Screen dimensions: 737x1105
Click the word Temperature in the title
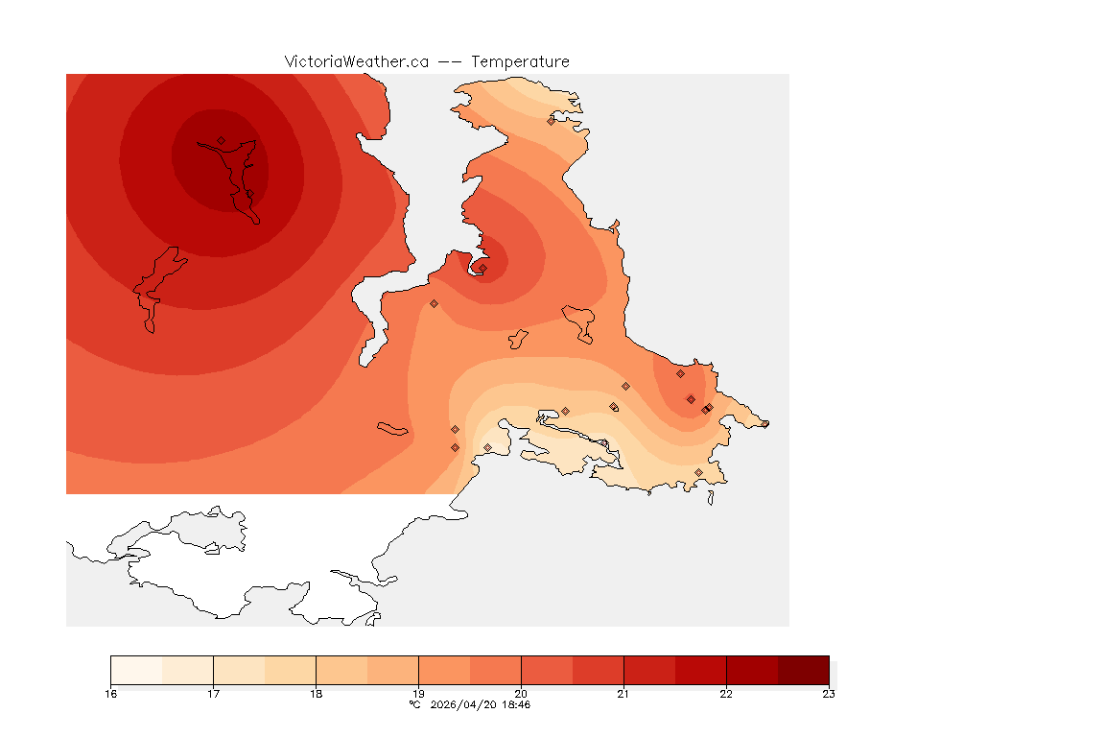point(521,61)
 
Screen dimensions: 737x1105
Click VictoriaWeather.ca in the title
point(356,61)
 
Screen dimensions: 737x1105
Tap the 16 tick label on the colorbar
point(111,694)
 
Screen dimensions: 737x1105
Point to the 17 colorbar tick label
point(213,694)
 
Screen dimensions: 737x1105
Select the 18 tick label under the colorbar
point(316,694)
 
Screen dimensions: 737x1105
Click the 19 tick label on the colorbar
point(418,694)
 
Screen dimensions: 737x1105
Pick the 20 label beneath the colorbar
point(521,694)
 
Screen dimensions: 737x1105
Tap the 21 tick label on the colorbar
point(623,694)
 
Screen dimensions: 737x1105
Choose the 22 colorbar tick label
point(726,694)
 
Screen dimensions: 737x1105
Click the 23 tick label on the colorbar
point(829,694)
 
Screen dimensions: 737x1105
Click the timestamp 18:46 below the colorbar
point(514,704)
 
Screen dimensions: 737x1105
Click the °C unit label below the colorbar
point(414,704)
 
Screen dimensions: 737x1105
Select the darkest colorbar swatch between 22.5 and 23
point(803,670)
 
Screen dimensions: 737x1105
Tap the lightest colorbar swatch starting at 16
point(136,670)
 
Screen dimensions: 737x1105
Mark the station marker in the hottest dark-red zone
point(221,140)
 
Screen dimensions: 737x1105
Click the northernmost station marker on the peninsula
point(551,121)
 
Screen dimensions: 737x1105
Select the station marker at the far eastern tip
point(764,423)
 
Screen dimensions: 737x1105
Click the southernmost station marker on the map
point(698,472)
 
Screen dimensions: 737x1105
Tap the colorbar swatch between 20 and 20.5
point(547,670)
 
